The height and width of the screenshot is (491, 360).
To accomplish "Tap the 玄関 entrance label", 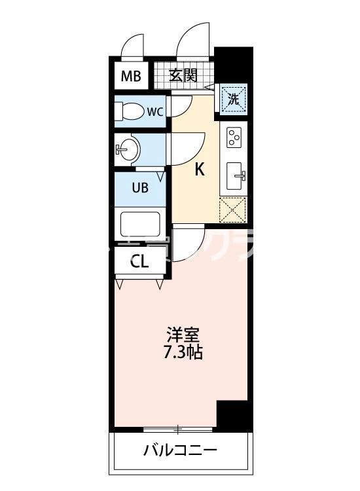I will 183,75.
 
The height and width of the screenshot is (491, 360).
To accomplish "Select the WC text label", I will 154,111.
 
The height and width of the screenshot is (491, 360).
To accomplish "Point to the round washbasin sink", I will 127,149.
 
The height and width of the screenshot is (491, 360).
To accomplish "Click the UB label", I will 140,188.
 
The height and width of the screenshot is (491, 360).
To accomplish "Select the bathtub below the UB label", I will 140,224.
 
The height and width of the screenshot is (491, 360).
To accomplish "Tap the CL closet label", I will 139,263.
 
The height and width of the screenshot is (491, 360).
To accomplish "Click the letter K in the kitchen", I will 200,170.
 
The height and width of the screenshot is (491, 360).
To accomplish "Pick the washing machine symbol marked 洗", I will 234,100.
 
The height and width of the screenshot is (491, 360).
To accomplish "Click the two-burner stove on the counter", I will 234,138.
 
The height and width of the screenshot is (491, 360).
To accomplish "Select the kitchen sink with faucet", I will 235,175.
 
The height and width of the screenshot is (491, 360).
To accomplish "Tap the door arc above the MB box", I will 134,47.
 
